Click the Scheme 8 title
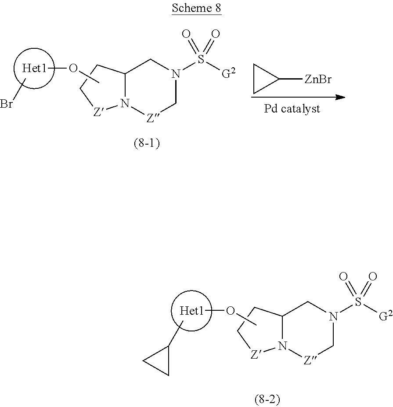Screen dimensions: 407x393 pos(196,8)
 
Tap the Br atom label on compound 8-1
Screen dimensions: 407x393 pos(6,105)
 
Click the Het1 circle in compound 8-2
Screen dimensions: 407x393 pos(191,311)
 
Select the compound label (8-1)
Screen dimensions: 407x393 pos(146,144)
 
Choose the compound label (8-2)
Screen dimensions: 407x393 pos(267,400)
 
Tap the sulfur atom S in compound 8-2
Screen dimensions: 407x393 pos(358,302)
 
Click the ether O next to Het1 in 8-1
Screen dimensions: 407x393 pos(73,69)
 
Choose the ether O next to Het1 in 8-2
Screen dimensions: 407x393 pos(230,311)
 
